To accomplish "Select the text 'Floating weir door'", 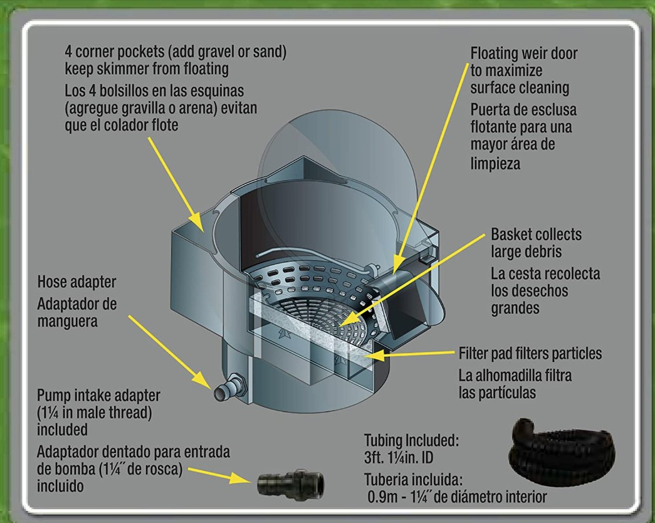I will (x=524, y=53).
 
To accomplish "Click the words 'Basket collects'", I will (x=536, y=235).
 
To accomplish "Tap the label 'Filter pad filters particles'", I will (x=530, y=354).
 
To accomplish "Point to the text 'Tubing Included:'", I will (x=412, y=440).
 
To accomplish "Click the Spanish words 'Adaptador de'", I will (x=76, y=304).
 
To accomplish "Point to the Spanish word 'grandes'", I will (x=516, y=308).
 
